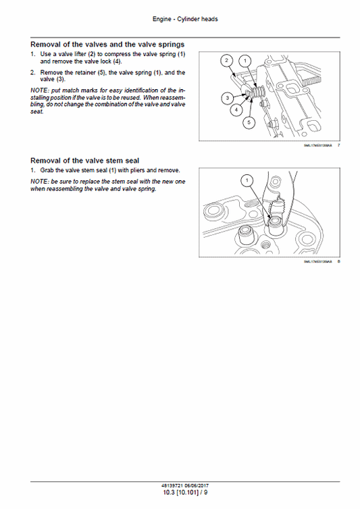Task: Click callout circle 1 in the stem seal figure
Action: click(247, 180)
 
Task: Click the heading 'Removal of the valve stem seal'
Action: click(84, 161)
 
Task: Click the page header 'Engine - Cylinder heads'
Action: click(180, 19)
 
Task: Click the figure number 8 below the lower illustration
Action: click(338, 261)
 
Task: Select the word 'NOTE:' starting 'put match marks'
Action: click(39, 90)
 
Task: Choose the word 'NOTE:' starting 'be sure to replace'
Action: click(39, 182)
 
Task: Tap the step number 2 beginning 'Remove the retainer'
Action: click(33, 72)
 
